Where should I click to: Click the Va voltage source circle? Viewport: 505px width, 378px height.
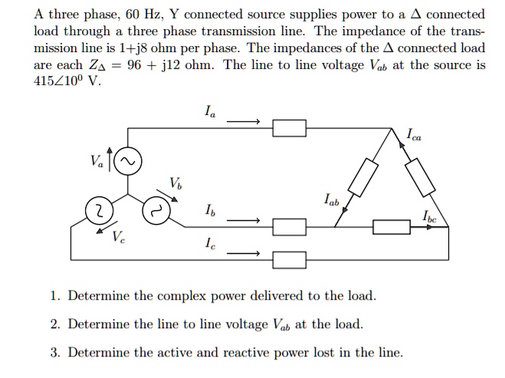[x=127, y=162]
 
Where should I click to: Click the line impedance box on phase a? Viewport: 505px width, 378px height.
[x=290, y=128]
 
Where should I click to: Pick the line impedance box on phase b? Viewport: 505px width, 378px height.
[x=290, y=226]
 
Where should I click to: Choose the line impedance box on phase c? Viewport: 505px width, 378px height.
[x=290, y=259]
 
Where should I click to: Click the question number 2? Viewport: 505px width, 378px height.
[x=54, y=324]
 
